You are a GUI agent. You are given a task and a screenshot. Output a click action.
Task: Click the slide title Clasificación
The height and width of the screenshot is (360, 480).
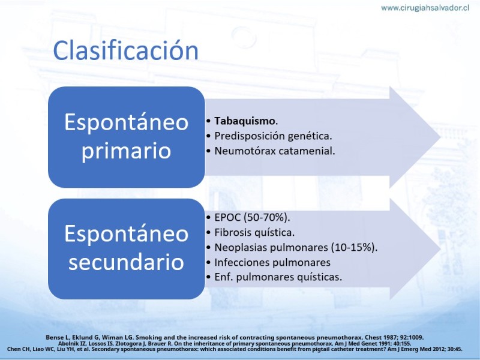coord(126,50)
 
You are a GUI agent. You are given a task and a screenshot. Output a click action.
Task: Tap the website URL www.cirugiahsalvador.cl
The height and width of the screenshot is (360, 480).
coord(425,8)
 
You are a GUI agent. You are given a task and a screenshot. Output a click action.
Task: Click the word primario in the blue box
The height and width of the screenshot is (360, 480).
coord(126,151)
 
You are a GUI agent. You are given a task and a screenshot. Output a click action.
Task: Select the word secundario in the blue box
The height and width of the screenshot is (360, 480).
coord(126,262)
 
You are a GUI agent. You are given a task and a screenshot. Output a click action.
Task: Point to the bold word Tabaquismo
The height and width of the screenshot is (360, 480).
coord(245,121)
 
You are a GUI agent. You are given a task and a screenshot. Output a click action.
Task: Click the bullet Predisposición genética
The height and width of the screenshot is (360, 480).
coord(273,136)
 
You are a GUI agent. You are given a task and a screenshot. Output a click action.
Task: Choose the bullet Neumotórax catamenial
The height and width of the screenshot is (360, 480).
coord(275,151)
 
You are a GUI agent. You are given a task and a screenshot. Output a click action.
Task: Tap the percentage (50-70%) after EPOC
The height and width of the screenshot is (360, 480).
coord(267,217)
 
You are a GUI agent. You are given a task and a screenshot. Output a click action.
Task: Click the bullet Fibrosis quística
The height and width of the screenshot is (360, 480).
coord(254,233)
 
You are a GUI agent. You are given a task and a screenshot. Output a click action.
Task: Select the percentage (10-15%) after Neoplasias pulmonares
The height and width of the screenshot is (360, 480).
coord(354,247)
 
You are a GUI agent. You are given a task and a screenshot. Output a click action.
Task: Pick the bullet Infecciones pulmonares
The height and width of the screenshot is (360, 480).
coord(272,262)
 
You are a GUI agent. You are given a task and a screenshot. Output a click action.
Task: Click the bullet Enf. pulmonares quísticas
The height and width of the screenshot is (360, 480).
coord(278,277)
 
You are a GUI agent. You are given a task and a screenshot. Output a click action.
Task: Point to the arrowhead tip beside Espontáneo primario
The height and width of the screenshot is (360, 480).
coord(440,137)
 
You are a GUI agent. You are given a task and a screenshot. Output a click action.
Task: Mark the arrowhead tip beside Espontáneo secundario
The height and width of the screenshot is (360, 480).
coord(440,249)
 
